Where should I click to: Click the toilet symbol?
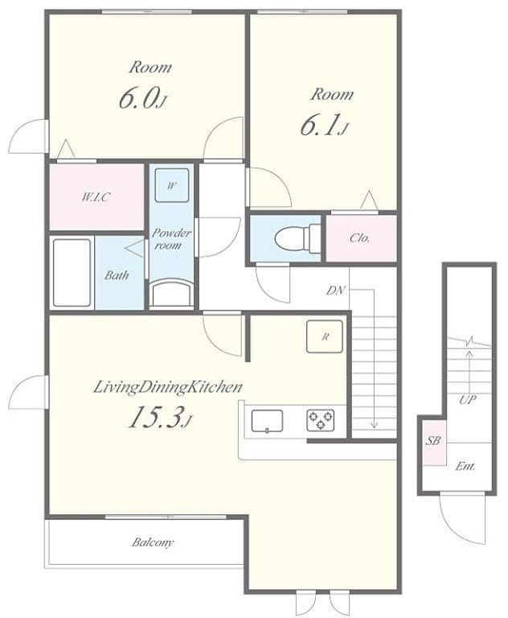tap(297, 238)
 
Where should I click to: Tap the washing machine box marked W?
tap(172, 185)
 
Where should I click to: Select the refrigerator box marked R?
tap(325, 336)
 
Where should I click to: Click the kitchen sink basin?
tap(267, 422)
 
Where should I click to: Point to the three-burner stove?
tap(321, 420)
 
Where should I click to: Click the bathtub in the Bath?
tap(72, 272)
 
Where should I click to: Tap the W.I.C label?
tap(96, 196)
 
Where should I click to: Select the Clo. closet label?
tap(360, 238)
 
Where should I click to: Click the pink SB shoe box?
tap(434, 443)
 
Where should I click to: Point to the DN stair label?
tap(335, 290)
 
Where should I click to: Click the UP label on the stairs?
tap(468, 400)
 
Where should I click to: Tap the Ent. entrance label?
tap(465, 467)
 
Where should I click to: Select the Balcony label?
tap(153, 542)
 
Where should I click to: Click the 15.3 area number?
tap(156, 418)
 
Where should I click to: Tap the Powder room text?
tap(172, 239)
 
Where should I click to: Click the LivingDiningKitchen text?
tap(168, 387)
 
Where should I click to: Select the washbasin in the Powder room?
tap(172, 292)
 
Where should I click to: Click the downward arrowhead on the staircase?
tap(374, 425)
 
